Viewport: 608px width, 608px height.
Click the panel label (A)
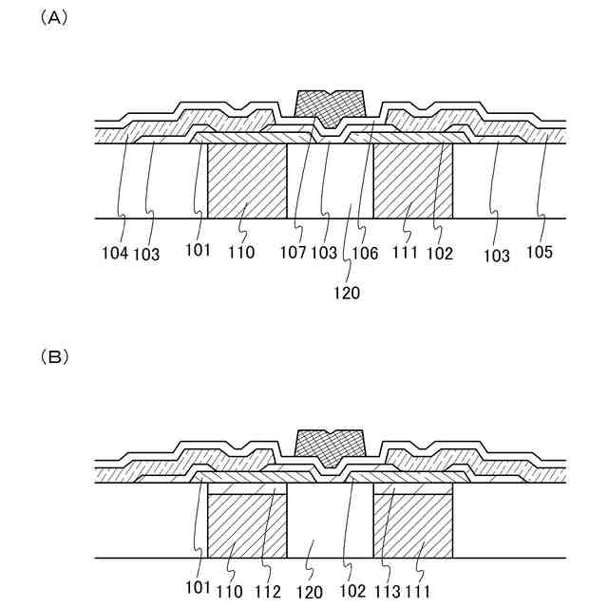point(52,18)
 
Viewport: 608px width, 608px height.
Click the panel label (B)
point(52,358)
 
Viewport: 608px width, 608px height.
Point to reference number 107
point(293,255)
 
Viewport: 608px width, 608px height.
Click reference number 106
point(365,255)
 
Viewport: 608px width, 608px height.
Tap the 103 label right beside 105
point(496,255)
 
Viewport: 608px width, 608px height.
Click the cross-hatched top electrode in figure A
point(330,105)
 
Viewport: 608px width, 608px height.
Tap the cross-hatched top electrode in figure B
point(331,446)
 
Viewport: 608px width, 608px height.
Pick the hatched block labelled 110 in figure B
point(247,527)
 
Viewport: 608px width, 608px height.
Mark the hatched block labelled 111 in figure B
point(413,527)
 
